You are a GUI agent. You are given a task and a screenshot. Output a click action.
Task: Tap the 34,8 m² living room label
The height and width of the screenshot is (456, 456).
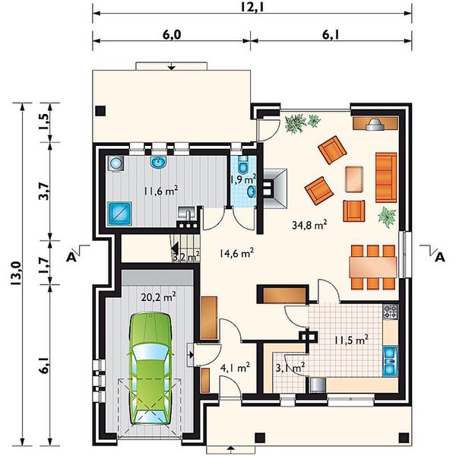(309, 225)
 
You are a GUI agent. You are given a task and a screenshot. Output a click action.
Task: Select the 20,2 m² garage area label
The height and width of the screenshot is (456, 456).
(158, 297)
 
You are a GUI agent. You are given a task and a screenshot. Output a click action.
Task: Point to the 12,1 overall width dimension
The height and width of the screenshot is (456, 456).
(252, 7)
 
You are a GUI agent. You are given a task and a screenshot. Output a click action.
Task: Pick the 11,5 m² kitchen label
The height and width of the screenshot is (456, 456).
(352, 340)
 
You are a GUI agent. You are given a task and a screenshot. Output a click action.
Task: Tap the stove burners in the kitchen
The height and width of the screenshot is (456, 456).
(391, 312)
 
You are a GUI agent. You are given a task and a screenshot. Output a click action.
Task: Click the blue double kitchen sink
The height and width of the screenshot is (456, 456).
(391, 361)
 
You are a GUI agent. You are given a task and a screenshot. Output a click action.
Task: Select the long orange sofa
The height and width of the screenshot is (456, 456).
(386, 177)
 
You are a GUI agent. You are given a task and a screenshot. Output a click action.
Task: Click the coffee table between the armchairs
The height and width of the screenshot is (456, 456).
(354, 179)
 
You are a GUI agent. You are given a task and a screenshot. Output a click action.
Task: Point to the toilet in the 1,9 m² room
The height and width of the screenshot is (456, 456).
(242, 163)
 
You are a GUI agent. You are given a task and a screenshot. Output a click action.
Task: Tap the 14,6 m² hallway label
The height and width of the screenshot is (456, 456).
(236, 253)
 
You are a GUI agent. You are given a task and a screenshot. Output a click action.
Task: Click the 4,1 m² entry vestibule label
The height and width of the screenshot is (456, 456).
(236, 368)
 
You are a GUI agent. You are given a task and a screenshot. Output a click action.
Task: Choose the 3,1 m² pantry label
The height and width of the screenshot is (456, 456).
(290, 368)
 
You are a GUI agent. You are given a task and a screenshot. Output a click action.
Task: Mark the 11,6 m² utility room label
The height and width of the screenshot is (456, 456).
(161, 191)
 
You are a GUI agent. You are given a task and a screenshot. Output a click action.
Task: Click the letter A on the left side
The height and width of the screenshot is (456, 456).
(71, 257)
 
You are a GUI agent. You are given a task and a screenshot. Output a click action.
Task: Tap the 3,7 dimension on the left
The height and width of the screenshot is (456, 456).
(44, 191)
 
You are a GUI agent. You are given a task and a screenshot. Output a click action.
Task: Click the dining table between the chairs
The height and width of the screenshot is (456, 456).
(373, 267)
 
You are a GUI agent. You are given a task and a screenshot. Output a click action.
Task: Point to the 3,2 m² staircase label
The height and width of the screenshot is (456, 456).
(186, 257)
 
